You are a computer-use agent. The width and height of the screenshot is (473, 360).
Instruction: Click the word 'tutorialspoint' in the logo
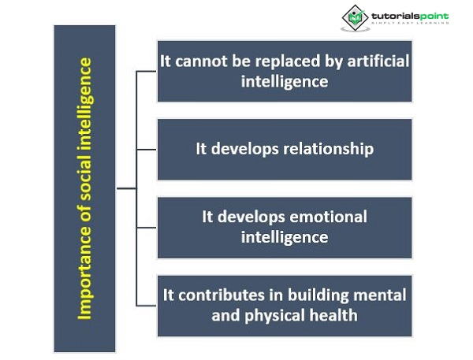click(408, 13)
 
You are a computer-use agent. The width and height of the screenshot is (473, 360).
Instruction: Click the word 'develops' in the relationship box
click(240, 148)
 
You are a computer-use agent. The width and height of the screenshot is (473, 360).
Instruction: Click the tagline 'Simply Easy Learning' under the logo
click(406, 23)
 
